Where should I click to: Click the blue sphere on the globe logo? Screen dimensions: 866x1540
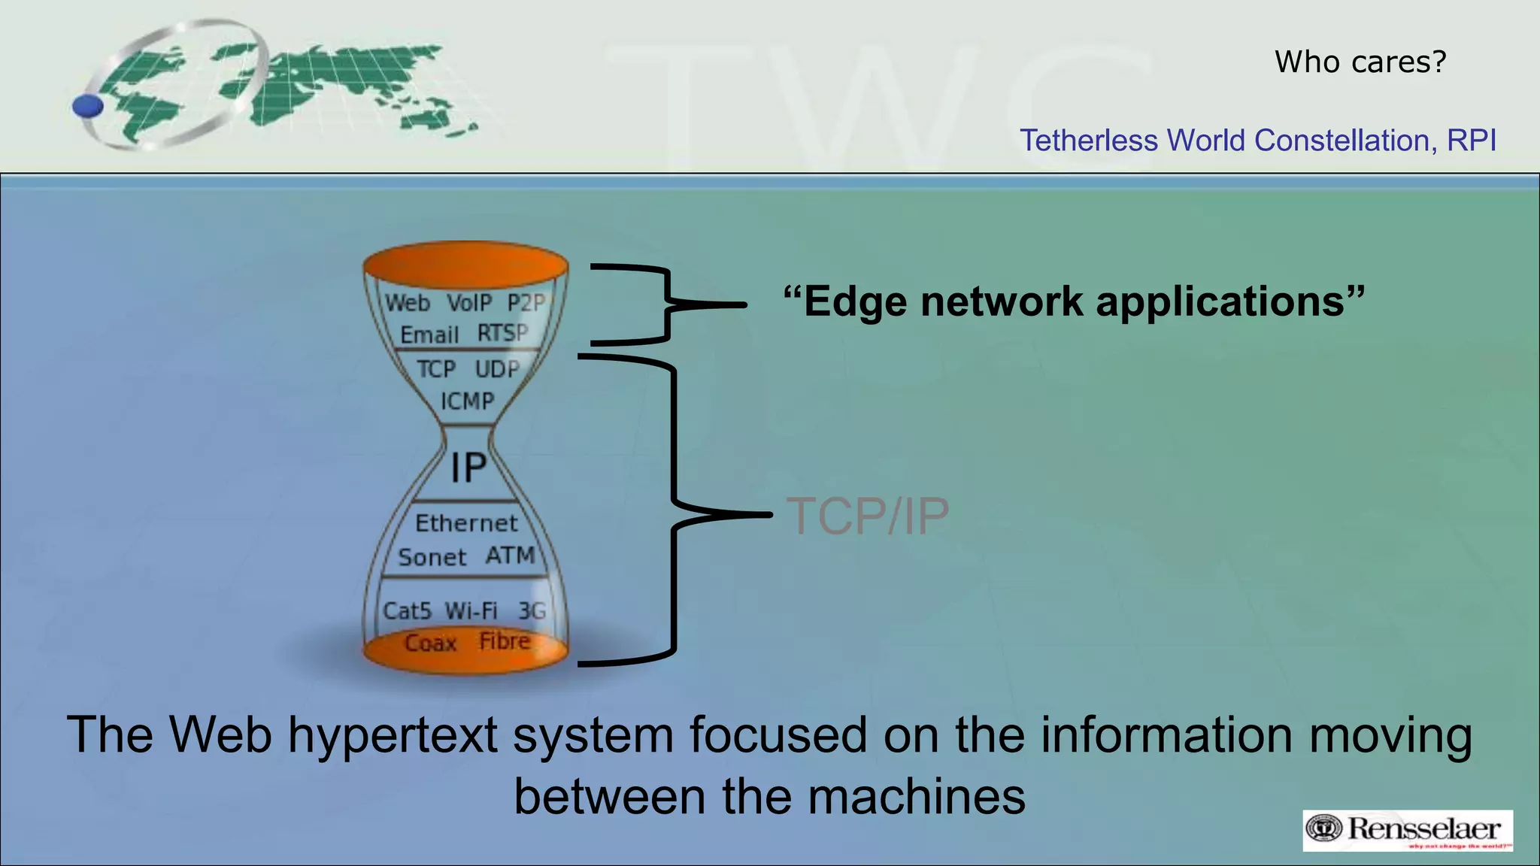[x=88, y=106]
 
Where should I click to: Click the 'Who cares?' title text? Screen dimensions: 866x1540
[x=1360, y=62]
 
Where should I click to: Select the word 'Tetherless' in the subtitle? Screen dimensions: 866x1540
[x=1088, y=141]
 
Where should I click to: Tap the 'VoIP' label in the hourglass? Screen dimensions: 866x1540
[x=469, y=303]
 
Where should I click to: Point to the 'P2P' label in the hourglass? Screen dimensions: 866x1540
[x=526, y=303]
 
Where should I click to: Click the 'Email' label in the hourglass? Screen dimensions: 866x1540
[x=429, y=335]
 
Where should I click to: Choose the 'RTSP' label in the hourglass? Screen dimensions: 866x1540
[x=503, y=332]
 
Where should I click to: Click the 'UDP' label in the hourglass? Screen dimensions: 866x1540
[x=497, y=369]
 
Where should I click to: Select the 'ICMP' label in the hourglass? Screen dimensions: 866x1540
[x=467, y=401]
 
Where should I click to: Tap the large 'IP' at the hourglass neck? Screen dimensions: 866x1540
[x=468, y=468]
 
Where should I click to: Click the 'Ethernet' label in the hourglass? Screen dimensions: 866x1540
[x=466, y=523]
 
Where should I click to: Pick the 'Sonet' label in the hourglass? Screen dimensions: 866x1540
[x=432, y=558]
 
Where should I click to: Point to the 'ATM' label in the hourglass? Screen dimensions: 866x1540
[x=510, y=556]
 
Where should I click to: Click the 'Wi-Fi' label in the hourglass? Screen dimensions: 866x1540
[x=471, y=610]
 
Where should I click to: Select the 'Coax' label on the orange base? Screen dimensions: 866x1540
[x=431, y=643]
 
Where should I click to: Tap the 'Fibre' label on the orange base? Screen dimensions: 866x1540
[x=505, y=641]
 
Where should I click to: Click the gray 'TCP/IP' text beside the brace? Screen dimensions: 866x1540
[x=868, y=516]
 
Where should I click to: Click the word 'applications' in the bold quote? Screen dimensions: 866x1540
[x=1219, y=301]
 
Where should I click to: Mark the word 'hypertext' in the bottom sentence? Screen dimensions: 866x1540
[x=392, y=734]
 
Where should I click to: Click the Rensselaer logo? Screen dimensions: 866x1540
[x=1407, y=830]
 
